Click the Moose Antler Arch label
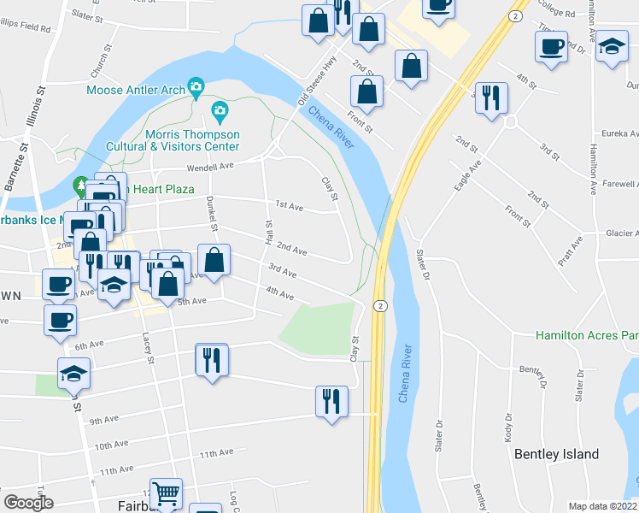(135, 90)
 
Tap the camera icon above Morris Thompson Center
(220, 110)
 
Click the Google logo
(28, 503)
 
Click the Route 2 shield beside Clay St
(380, 306)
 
